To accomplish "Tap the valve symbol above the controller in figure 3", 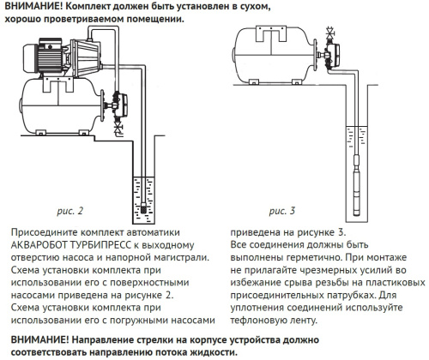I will click(329, 37).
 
